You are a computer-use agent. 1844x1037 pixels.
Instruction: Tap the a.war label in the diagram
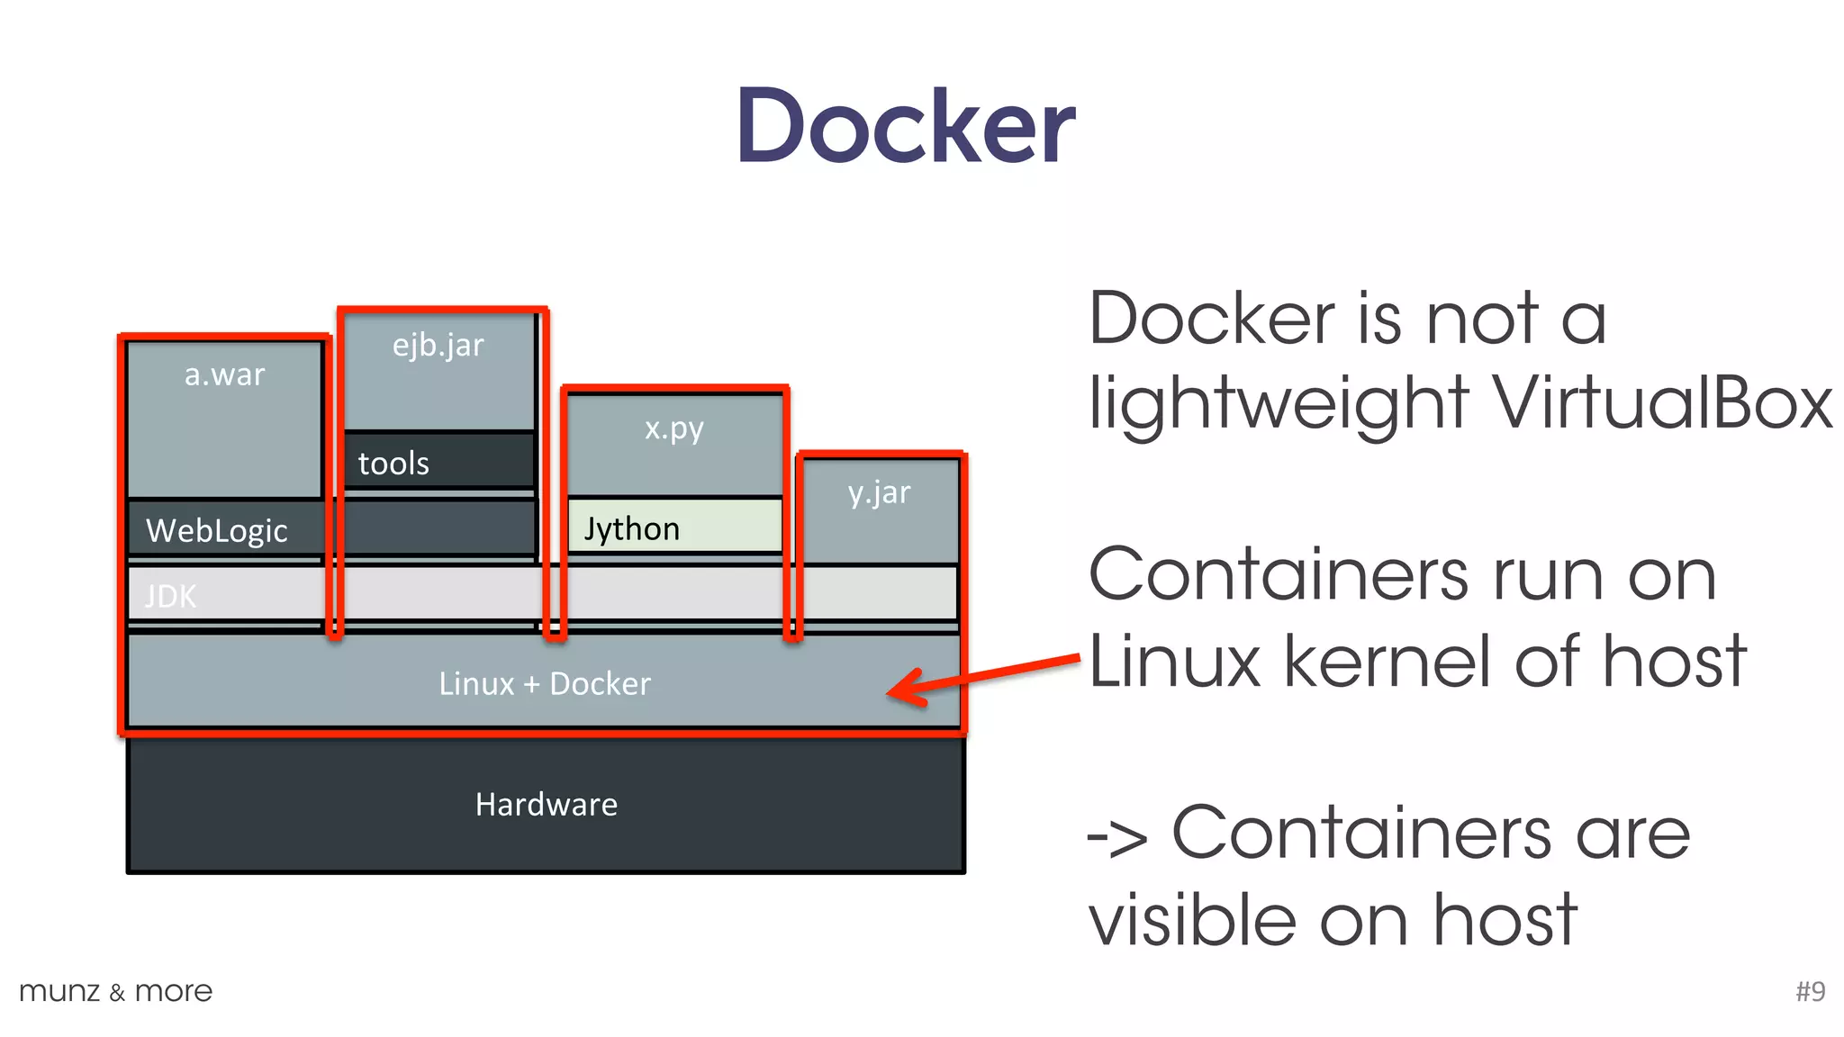click(x=224, y=374)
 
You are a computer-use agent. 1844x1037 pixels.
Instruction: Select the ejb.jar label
click(x=438, y=346)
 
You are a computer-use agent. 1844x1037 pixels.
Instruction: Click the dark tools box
click(x=439, y=461)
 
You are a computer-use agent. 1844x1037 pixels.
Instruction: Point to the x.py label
click(x=674, y=428)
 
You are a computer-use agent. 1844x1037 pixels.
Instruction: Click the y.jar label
click(x=879, y=493)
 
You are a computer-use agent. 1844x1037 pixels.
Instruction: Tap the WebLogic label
click(x=217, y=530)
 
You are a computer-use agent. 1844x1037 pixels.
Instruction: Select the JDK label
click(x=170, y=596)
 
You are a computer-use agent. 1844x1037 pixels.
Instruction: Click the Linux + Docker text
click(x=545, y=683)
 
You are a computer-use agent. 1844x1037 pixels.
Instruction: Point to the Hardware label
click(x=547, y=804)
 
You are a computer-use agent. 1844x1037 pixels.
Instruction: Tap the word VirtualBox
click(x=1662, y=402)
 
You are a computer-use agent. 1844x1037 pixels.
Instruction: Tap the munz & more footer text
click(x=116, y=991)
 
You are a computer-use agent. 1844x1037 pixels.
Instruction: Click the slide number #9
click(x=1810, y=991)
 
